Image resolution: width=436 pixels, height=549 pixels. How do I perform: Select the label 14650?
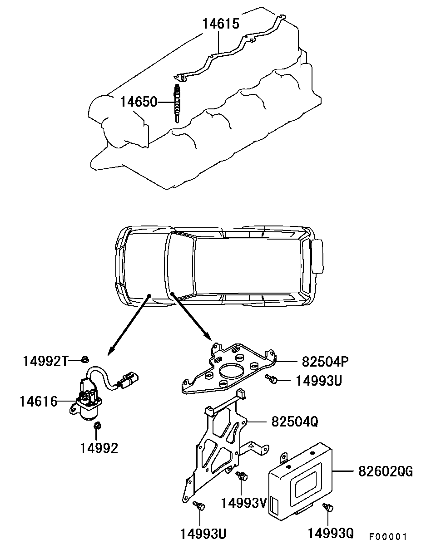click(x=138, y=102)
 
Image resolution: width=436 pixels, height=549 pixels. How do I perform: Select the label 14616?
click(x=38, y=401)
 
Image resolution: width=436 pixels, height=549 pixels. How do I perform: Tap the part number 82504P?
click(x=324, y=362)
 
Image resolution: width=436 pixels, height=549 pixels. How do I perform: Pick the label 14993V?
click(x=243, y=503)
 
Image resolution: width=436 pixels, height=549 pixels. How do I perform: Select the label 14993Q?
click(x=330, y=533)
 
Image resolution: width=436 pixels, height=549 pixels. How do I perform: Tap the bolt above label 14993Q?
click(x=327, y=508)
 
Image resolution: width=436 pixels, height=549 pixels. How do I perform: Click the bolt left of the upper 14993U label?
click(x=272, y=379)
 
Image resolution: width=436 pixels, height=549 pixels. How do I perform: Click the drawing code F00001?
click(x=387, y=537)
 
